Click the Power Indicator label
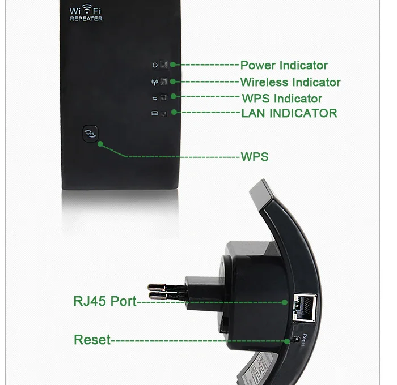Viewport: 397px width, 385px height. click(x=284, y=66)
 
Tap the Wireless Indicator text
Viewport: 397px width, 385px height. click(x=290, y=83)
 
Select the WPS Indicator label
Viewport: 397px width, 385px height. click(x=281, y=99)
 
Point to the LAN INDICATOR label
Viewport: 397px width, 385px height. click(x=289, y=113)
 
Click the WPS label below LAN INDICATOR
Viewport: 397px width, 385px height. click(x=255, y=157)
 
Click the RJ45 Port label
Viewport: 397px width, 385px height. click(x=105, y=301)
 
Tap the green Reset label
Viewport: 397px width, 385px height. click(x=92, y=340)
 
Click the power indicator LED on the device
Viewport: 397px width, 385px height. click(x=164, y=65)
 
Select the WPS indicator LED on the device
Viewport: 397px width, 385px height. click(x=164, y=97)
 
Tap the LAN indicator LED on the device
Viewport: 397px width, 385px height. click(x=164, y=113)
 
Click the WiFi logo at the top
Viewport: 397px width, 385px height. click(x=86, y=10)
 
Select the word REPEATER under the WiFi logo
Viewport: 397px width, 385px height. click(x=86, y=19)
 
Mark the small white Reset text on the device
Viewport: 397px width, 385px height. click(x=305, y=340)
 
